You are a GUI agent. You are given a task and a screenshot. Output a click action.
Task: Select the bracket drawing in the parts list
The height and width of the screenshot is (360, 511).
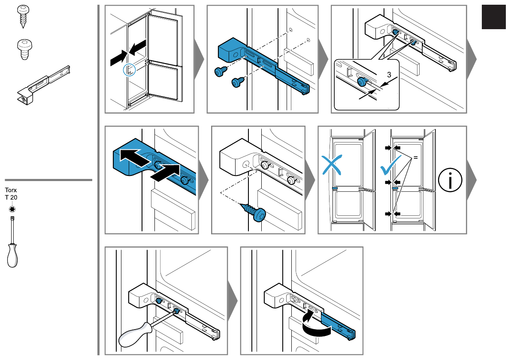[43, 86]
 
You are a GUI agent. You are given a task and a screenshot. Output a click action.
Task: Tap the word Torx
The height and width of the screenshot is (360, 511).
[11, 190]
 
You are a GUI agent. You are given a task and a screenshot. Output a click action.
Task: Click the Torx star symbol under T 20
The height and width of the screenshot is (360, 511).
[12, 209]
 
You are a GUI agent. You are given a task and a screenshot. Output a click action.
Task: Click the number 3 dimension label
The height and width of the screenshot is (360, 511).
[389, 75]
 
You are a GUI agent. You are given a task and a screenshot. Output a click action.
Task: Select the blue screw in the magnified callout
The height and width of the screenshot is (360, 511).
[363, 82]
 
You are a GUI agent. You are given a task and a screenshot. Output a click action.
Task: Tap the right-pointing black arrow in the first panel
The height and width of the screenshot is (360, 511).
[118, 59]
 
